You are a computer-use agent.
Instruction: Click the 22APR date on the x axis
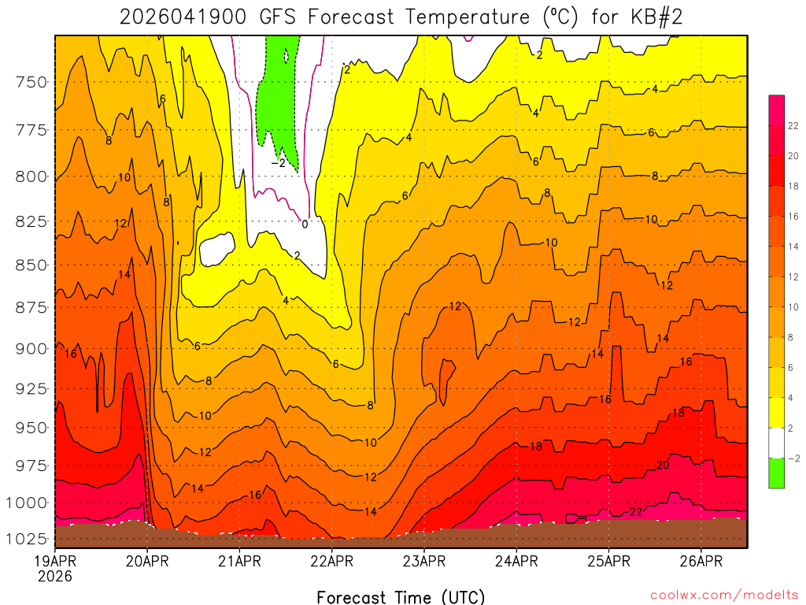coord(331,562)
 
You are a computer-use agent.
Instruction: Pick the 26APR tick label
coord(701,562)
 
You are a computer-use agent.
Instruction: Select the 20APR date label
coord(147,562)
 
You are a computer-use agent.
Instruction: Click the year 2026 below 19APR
coord(54,577)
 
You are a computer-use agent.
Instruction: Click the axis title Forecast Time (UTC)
coord(401,596)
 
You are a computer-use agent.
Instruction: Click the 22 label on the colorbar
coord(793,125)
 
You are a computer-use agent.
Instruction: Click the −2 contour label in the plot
coord(278,163)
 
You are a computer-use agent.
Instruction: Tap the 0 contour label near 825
coord(305,224)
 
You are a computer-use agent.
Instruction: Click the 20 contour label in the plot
coord(662,466)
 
